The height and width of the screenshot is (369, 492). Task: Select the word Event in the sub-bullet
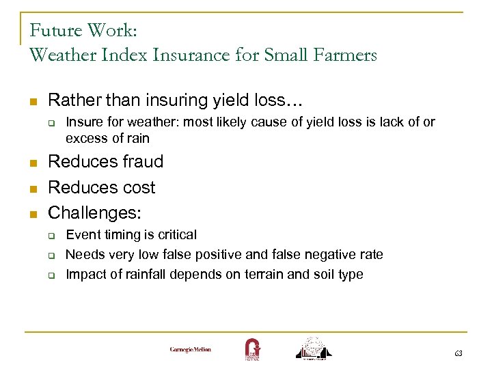click(x=83, y=235)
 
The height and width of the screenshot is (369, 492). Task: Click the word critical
click(x=176, y=235)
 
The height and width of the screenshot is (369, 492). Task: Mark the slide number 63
click(x=458, y=353)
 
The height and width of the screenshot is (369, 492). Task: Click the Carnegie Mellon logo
click(x=191, y=349)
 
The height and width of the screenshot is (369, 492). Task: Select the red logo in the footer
click(x=252, y=348)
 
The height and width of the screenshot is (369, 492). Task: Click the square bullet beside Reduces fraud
click(x=31, y=163)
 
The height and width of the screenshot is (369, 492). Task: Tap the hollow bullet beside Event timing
click(x=51, y=236)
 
